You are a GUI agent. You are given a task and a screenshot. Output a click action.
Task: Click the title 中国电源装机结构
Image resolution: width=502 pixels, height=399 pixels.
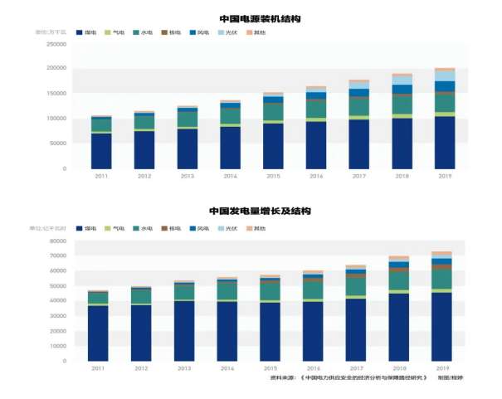tap(260, 17)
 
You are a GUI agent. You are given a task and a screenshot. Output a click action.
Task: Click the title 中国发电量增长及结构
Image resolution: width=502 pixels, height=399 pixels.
tap(260, 212)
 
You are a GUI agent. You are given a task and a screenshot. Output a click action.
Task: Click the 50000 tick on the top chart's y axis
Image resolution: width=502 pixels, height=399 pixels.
tap(57, 144)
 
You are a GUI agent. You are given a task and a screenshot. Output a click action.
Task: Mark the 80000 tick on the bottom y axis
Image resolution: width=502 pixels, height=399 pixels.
tap(57, 241)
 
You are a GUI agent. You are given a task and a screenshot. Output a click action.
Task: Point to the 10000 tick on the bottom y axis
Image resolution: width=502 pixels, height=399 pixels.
tap(57, 347)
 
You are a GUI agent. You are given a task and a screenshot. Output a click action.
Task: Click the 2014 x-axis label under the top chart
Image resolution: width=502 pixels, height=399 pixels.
tap(230, 177)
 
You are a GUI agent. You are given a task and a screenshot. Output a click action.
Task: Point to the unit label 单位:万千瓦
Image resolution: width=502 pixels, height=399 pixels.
tap(52, 32)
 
